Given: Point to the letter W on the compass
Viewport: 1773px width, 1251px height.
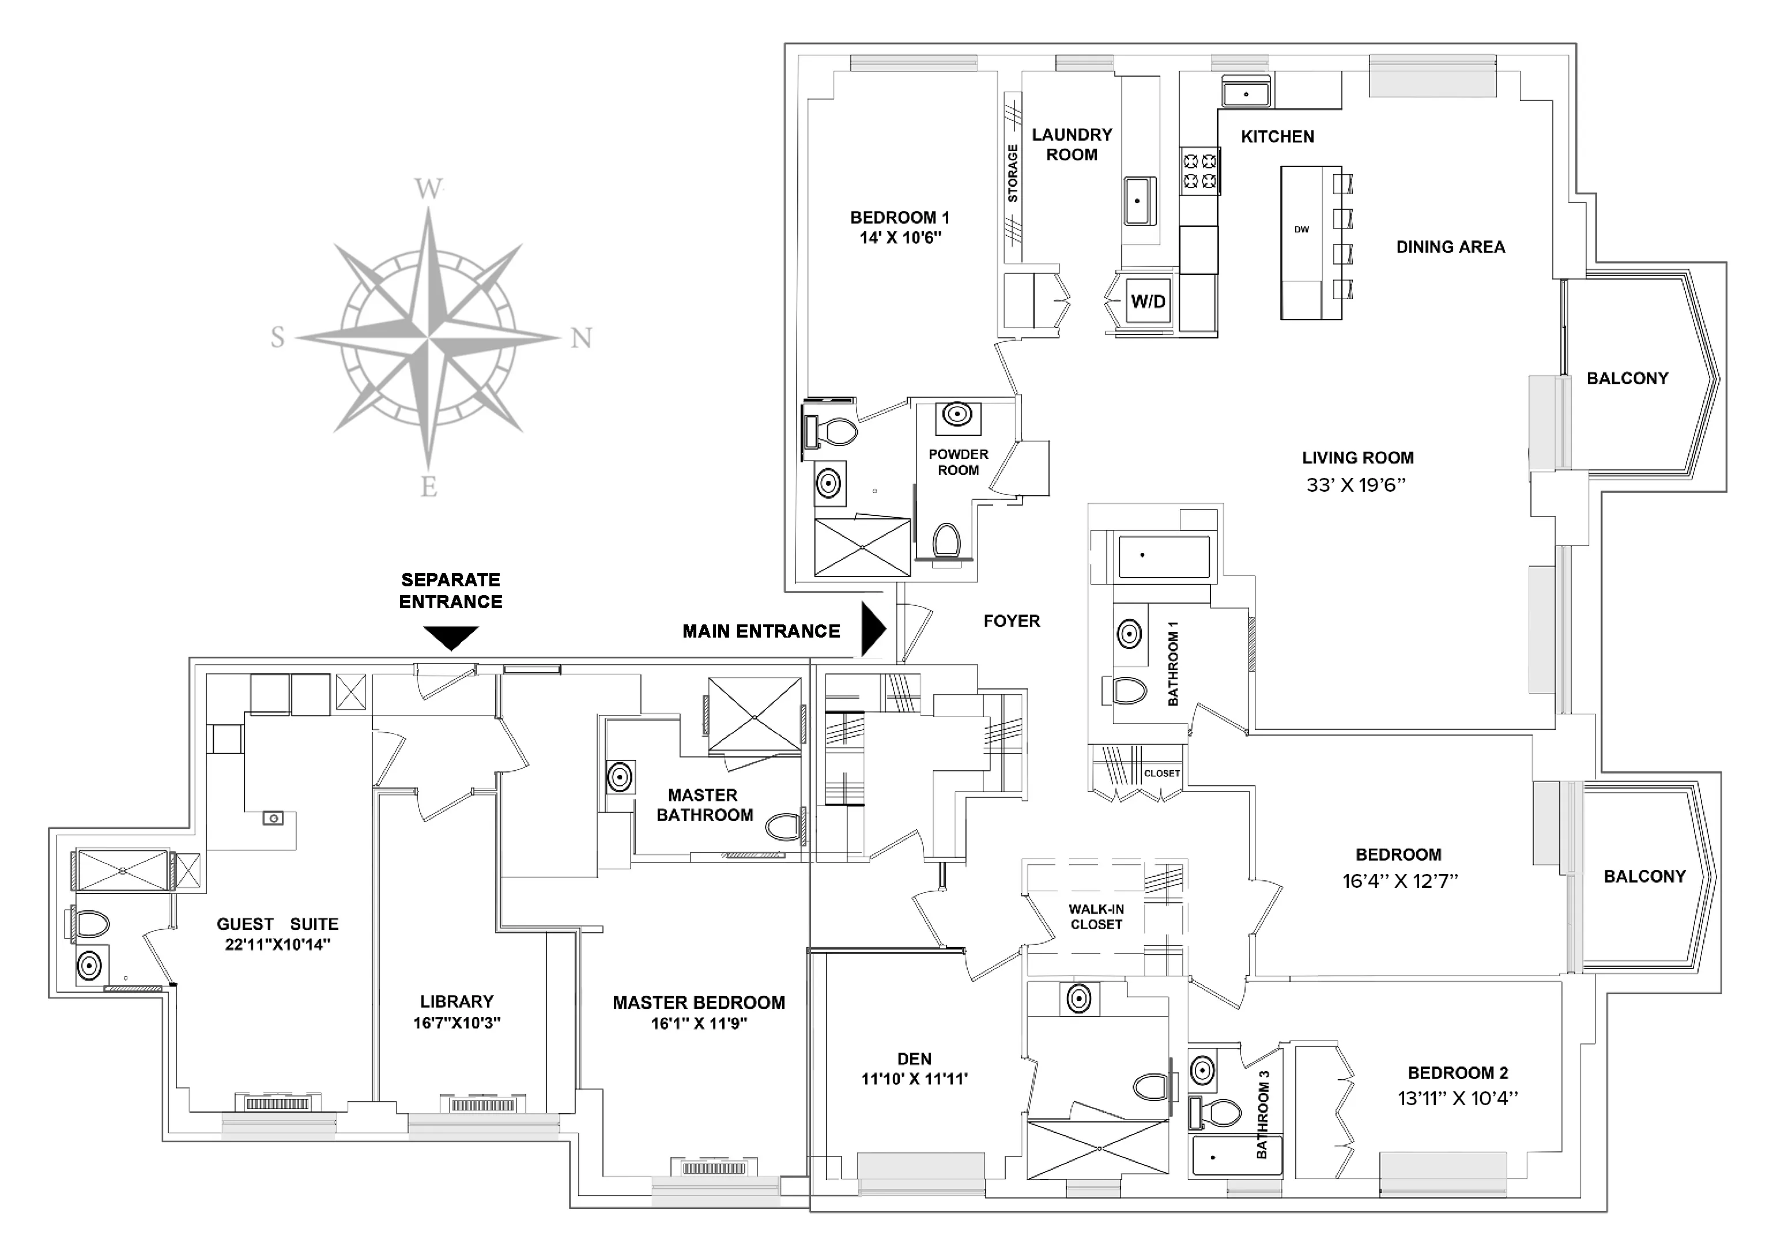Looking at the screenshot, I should click(x=429, y=189).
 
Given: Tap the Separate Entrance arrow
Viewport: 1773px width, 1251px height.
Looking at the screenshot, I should click(x=451, y=638).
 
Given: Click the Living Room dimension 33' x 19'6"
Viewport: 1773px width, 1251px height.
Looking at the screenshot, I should click(x=1356, y=485).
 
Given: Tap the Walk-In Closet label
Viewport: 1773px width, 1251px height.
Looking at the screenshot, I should click(x=1096, y=917).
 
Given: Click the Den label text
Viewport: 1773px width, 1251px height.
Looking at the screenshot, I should click(x=914, y=1058).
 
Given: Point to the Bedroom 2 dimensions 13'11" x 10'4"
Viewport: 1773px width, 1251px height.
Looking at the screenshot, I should click(x=1457, y=1098).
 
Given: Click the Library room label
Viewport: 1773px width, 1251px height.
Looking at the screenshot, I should click(x=457, y=1001).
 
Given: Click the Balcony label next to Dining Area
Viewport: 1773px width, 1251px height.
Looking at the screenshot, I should click(x=1627, y=378).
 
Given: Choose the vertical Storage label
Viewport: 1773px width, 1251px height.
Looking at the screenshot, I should click(x=1012, y=174).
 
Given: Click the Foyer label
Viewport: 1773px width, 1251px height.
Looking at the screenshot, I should click(x=1012, y=621).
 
